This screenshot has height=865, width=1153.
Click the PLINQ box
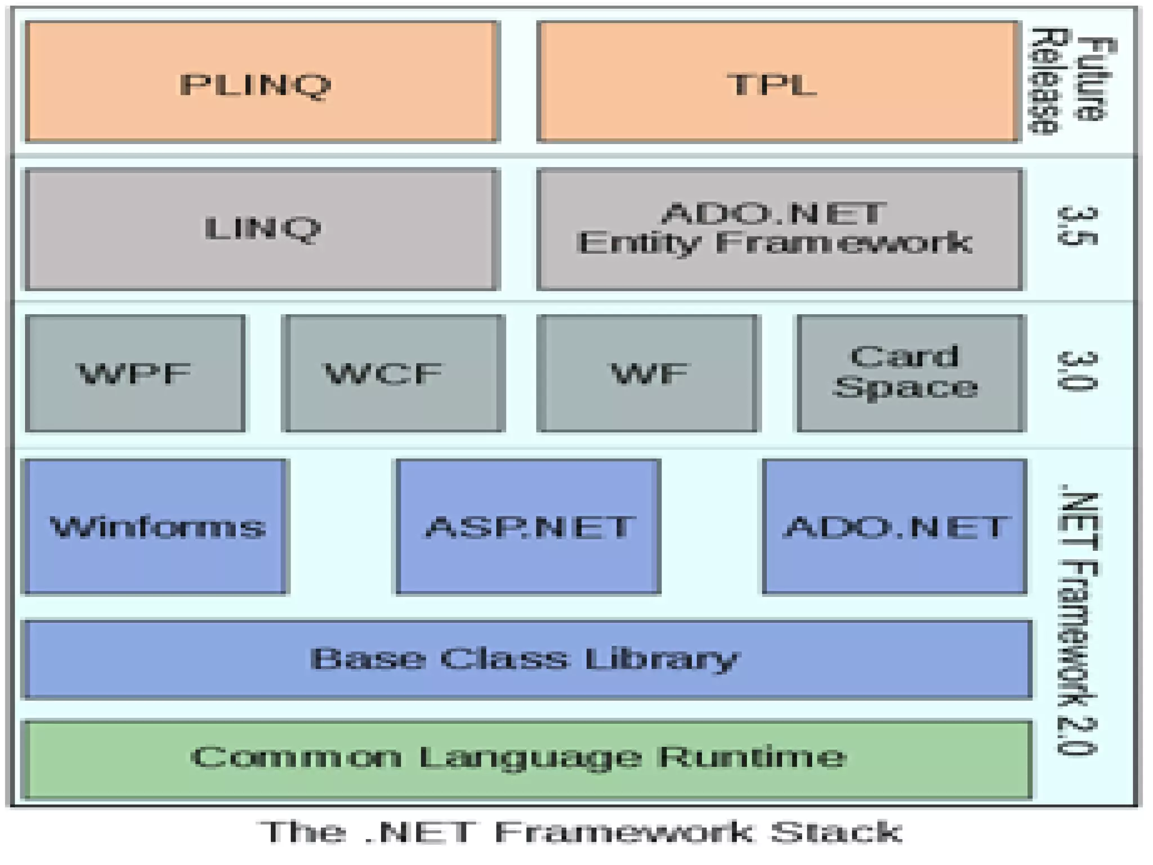point(262,82)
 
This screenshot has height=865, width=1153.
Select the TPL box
point(778,82)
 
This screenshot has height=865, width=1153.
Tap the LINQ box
point(262,229)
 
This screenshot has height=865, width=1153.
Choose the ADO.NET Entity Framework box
point(779,229)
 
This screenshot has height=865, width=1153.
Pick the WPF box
point(135,373)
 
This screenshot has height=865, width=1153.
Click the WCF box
point(393,373)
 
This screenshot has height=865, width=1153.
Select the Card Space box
point(911,373)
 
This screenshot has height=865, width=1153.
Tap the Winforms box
point(155,527)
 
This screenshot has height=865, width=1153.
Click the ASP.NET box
point(528,527)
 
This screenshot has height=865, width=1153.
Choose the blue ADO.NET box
point(895,527)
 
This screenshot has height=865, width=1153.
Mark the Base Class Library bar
point(527,659)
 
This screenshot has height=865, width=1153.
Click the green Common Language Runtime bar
point(527,758)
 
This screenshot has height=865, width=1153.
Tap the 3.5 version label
point(1077,226)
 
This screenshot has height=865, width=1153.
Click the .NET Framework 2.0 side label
point(1077,622)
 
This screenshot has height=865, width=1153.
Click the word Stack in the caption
point(835,832)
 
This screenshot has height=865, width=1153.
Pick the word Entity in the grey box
point(638,243)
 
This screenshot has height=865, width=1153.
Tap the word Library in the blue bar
point(661,659)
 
